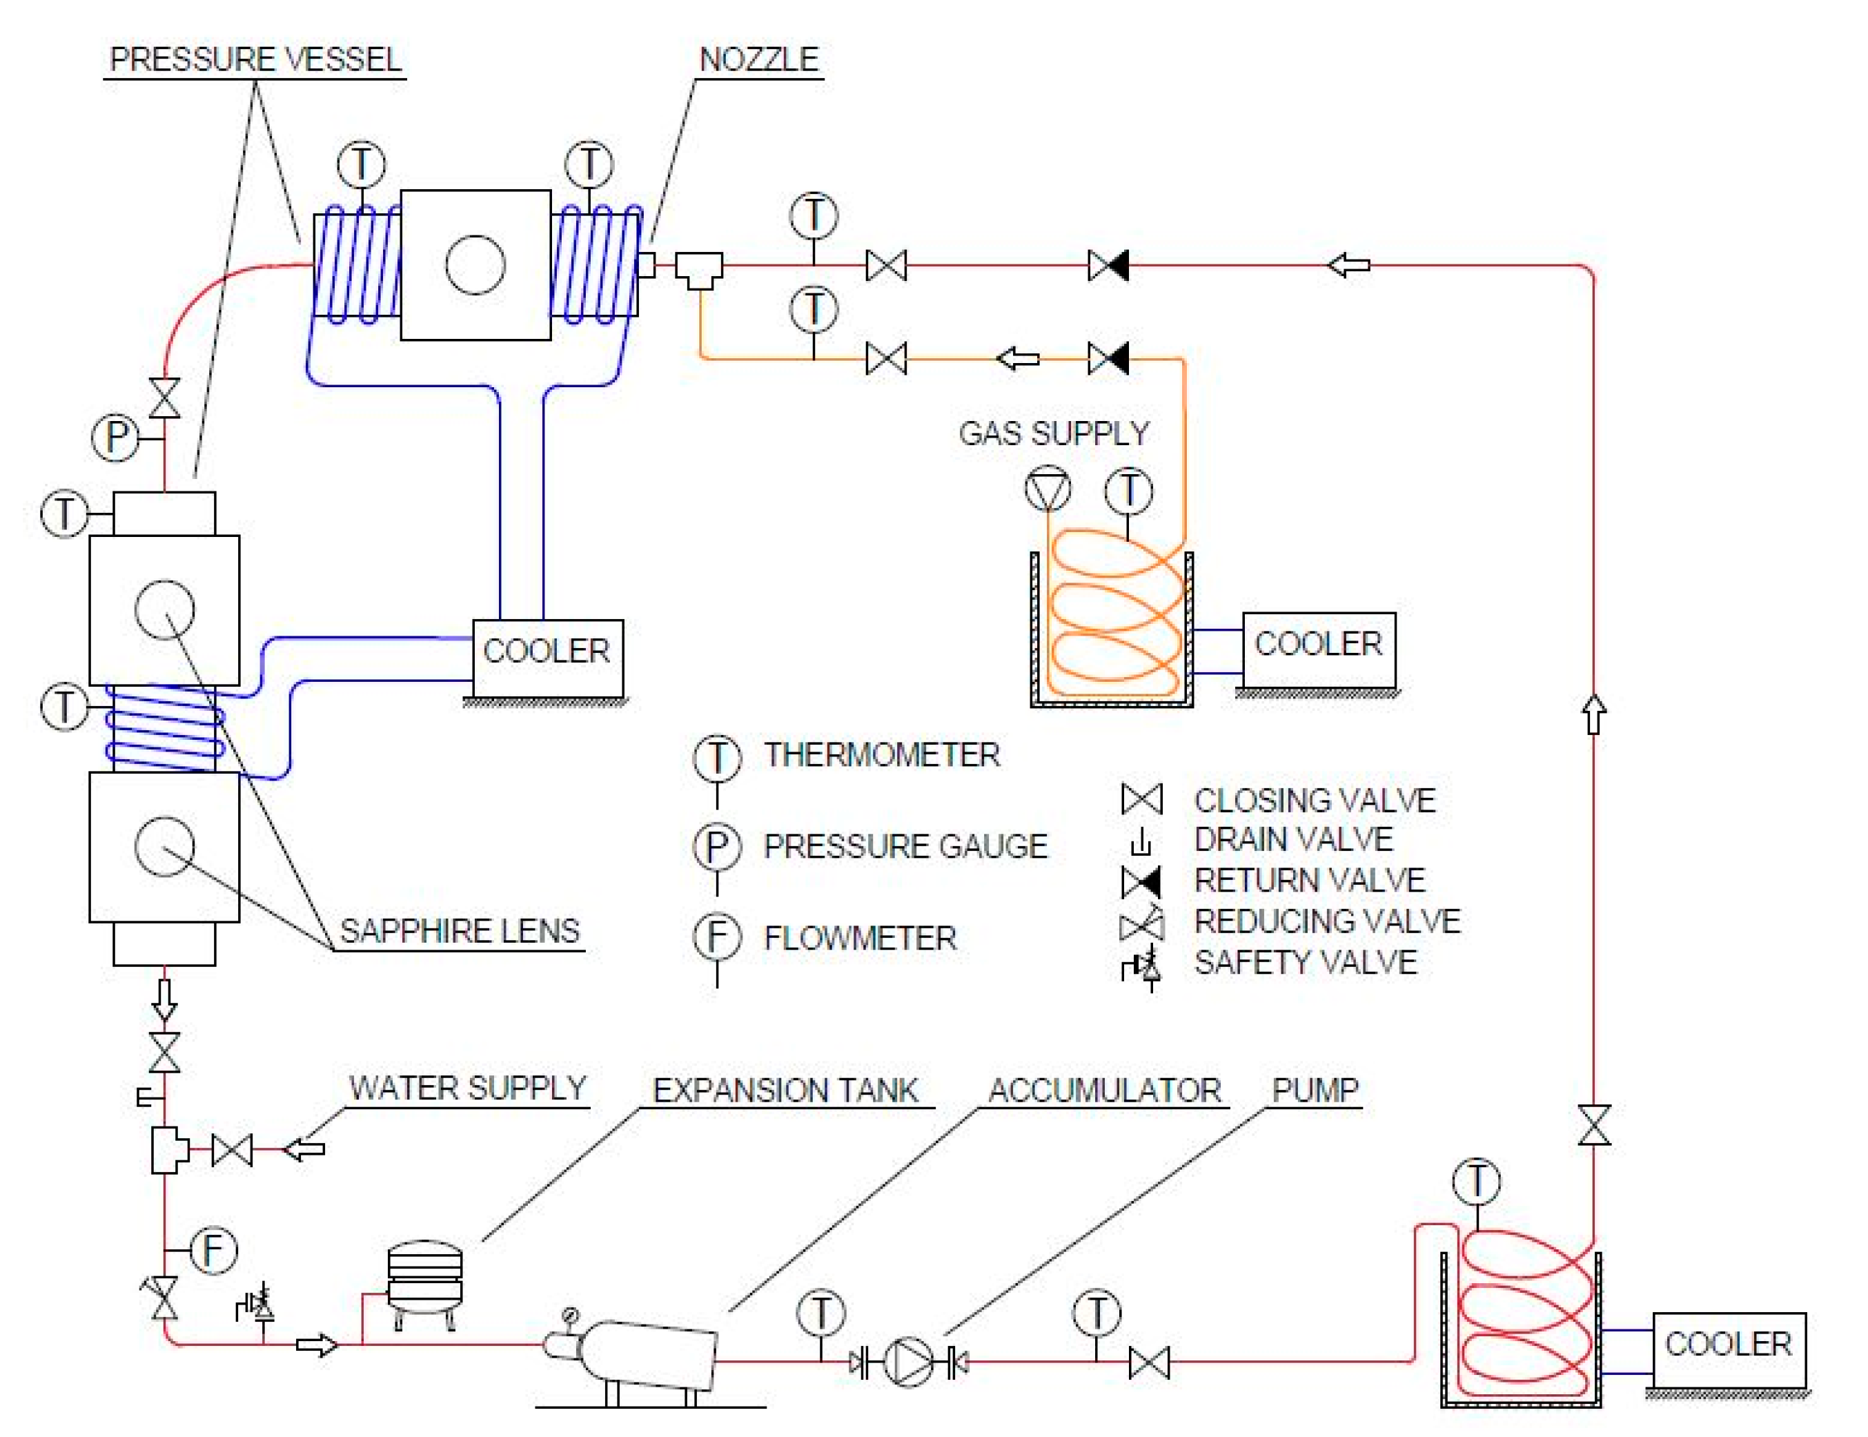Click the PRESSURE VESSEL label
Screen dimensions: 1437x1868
pyautogui.click(x=255, y=60)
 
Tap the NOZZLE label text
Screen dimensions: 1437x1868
pyautogui.click(x=758, y=60)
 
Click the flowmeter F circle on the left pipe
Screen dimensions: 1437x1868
pyautogui.click(x=213, y=1250)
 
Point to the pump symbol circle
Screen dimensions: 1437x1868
pyautogui.click(x=907, y=1361)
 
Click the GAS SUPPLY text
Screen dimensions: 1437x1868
pyautogui.click(x=1054, y=433)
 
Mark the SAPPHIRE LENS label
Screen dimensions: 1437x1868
pyautogui.click(x=460, y=930)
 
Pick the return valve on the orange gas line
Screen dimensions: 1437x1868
pyautogui.click(x=1108, y=358)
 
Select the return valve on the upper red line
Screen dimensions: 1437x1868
pyautogui.click(x=1108, y=265)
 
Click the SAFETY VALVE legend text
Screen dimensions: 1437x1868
pyautogui.click(x=1305, y=963)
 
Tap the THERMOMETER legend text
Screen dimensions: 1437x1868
pyautogui.click(x=882, y=754)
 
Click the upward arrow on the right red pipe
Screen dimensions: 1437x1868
pyautogui.click(x=1593, y=714)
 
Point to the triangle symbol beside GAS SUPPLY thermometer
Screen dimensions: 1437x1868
pyautogui.click(x=1048, y=490)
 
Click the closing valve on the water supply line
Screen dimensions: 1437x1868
pyautogui.click(x=232, y=1151)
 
